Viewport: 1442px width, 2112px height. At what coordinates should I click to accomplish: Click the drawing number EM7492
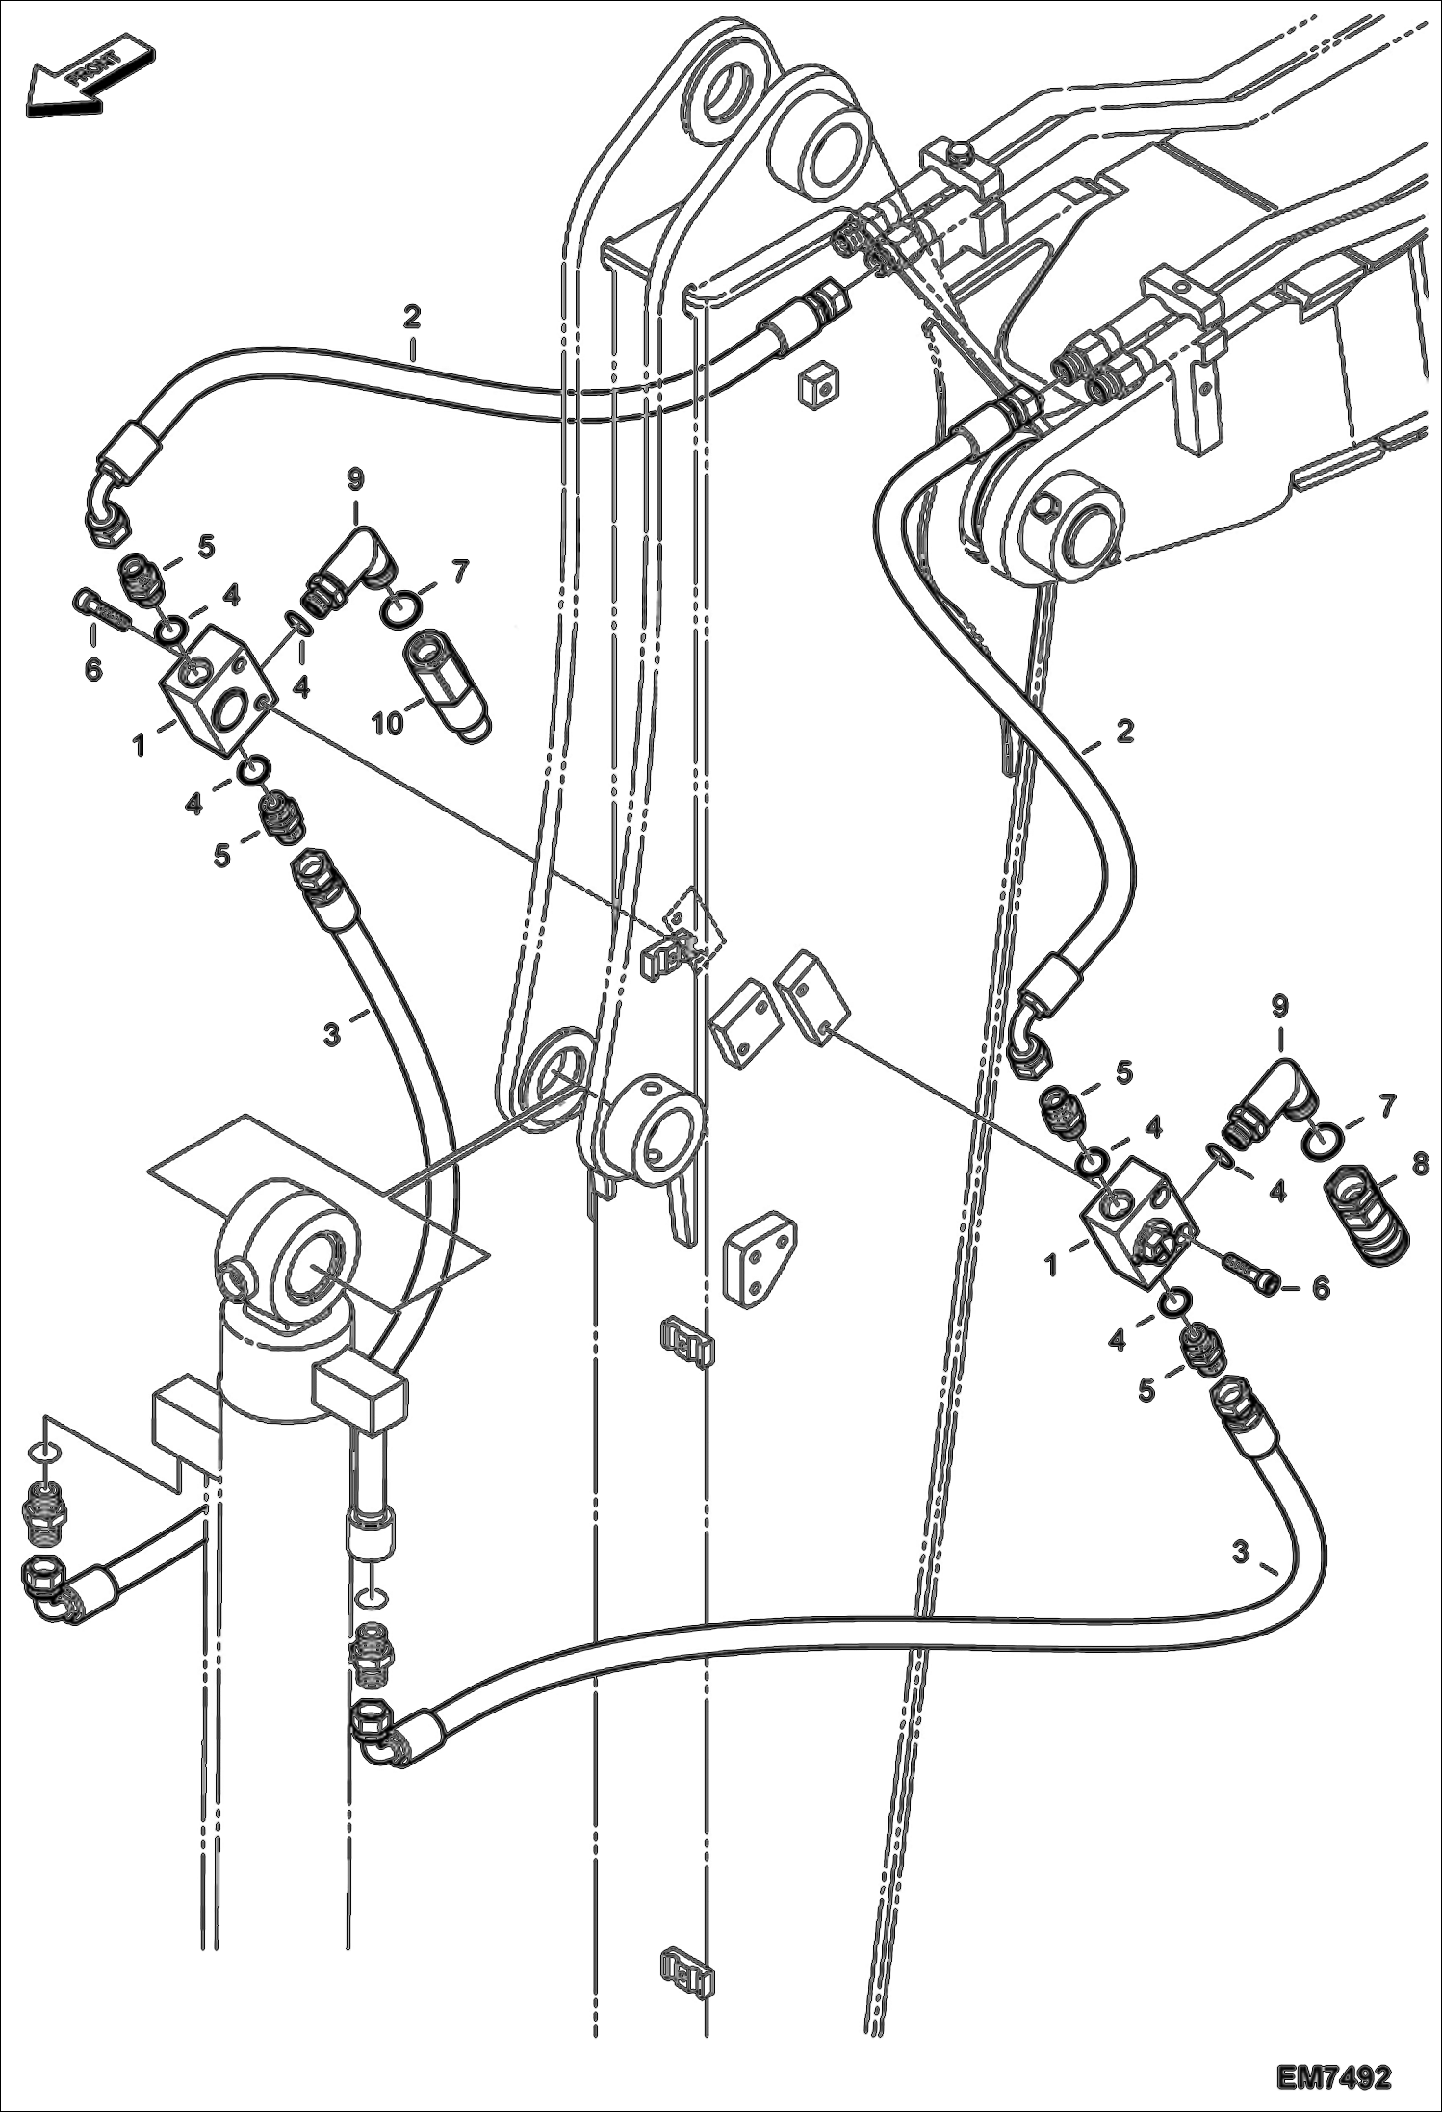click(1334, 2073)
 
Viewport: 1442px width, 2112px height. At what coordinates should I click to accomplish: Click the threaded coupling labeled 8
click(1367, 1215)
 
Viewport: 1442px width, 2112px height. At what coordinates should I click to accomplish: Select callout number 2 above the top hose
click(412, 317)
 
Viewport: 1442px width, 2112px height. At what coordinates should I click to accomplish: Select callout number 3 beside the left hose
click(331, 1036)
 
